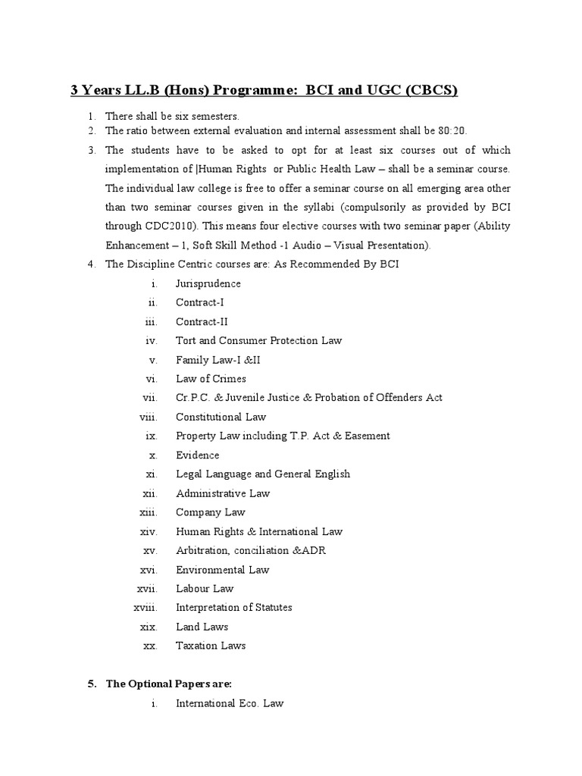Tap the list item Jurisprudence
208,283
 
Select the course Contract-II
202,321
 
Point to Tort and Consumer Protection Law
258,340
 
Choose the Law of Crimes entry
211,379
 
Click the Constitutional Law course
221,417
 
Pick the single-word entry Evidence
197,455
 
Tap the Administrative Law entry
223,493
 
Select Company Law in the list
211,512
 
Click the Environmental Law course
223,570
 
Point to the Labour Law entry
205,589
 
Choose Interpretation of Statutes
233,608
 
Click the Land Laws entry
202,627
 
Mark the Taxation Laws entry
211,646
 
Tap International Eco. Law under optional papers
230,703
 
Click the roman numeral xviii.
144,608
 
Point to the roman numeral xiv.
148,531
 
